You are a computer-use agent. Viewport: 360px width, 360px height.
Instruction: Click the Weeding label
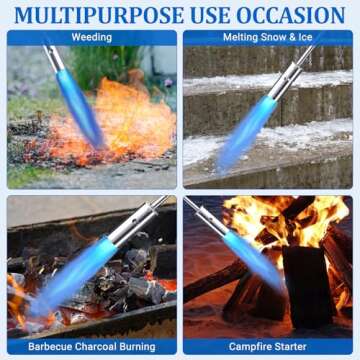pyautogui.click(x=91, y=37)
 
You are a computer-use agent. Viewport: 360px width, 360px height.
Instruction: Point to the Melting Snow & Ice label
pyautogui.click(x=267, y=37)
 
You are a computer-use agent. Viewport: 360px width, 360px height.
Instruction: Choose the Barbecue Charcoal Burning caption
pyautogui.click(x=91, y=346)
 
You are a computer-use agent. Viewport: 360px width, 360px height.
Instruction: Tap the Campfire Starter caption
pyautogui.click(x=267, y=346)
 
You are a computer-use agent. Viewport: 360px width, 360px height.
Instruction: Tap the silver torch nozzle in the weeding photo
pyautogui.click(x=54, y=58)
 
